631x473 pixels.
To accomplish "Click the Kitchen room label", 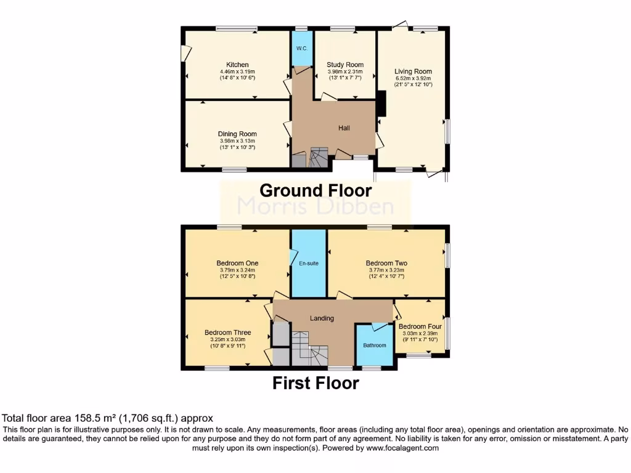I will click(237, 65).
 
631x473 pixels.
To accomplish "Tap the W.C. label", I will click(302, 49).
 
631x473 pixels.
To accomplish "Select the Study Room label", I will click(345, 65).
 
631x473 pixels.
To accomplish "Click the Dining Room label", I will click(237, 134).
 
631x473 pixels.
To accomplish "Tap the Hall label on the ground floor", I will click(344, 128).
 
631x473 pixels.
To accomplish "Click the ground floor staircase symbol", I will click(319, 157).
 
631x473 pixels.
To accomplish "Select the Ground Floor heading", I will click(315, 190).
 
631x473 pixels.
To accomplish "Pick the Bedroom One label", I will click(237, 263).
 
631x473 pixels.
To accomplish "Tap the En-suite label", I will click(308, 264).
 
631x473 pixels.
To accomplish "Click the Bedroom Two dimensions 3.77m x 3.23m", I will click(386, 270).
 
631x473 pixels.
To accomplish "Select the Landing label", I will click(322, 318).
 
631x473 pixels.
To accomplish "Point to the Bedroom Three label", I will click(228, 333).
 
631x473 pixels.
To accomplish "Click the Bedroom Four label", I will click(420, 326).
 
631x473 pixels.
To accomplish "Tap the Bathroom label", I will click(374, 346).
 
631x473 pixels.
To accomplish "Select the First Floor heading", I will click(315, 384).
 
